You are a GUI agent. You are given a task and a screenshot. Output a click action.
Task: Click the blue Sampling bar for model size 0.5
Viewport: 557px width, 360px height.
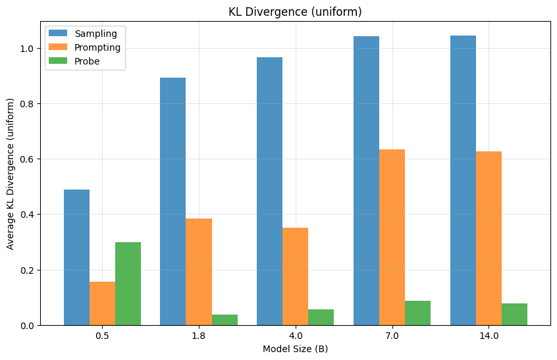[x=76, y=257]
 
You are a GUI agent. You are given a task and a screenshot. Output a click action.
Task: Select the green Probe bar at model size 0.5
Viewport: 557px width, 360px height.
[x=128, y=284]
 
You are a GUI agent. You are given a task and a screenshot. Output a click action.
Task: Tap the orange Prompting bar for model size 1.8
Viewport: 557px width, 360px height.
[x=199, y=272]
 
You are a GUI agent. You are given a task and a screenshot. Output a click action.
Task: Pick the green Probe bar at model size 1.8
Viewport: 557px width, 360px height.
[x=225, y=320]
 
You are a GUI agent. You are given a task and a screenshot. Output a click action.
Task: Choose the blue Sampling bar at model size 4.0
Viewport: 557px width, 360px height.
[x=269, y=191]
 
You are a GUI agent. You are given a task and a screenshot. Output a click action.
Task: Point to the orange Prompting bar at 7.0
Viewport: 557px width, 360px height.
[x=392, y=237]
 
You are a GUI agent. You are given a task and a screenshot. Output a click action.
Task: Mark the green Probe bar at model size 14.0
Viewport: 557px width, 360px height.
[x=514, y=314]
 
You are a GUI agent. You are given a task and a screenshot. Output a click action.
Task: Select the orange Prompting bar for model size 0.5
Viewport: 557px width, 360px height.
[x=102, y=303]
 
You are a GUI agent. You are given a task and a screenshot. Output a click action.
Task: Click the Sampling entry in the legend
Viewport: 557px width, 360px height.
[x=91, y=34]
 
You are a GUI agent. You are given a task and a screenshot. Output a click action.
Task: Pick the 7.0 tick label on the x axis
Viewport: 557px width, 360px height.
[x=392, y=336]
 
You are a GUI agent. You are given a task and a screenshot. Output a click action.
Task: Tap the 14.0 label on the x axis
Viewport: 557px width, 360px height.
[x=489, y=336]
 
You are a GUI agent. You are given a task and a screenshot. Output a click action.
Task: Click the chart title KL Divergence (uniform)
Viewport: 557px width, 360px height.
[x=295, y=11]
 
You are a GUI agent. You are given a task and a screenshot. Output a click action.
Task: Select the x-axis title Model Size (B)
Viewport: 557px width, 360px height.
[x=295, y=349]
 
